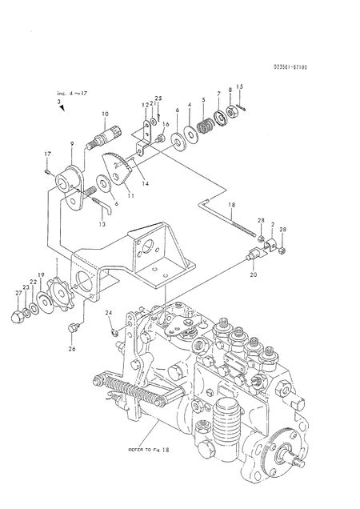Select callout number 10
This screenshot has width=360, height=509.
(x=106, y=115)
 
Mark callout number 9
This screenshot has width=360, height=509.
(x=72, y=144)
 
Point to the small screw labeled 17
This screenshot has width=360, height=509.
(x=48, y=169)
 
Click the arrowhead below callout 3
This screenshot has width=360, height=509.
(x=62, y=118)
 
